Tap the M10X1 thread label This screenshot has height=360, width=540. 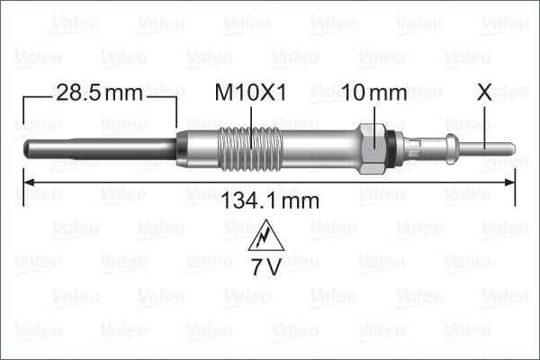(x=250, y=93)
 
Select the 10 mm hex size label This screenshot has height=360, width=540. (x=375, y=93)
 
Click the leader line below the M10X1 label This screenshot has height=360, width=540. (x=248, y=117)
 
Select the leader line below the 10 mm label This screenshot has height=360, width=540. (x=373, y=116)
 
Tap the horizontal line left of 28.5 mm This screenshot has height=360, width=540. (x=36, y=93)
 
